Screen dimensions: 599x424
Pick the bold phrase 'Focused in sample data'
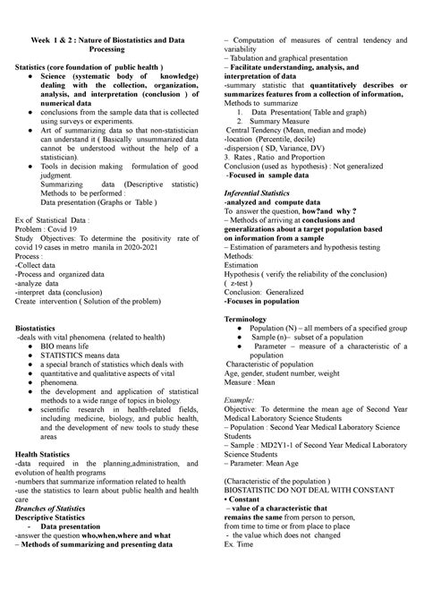275,178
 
